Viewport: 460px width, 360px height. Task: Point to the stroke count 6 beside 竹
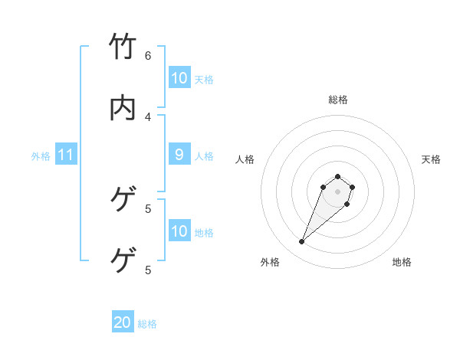coord(148,55)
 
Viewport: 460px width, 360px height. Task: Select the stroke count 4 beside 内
coord(148,116)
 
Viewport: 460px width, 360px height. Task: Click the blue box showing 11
coord(66,155)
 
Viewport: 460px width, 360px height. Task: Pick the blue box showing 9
coord(179,155)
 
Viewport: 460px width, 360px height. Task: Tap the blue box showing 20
coord(123,323)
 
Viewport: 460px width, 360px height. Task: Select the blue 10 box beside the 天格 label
coord(179,78)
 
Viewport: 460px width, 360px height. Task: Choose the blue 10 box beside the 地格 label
coord(179,231)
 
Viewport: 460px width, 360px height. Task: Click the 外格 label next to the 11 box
coord(41,156)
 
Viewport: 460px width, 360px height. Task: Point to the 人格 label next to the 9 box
coord(204,156)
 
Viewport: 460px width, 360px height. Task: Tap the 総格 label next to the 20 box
coord(147,324)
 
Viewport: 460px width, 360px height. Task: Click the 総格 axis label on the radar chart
coord(338,100)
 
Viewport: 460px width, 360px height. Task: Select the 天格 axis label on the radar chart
coord(431,159)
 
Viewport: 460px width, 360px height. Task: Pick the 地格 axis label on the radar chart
coord(402,262)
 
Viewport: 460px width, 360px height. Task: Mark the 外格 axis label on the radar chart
coord(270,262)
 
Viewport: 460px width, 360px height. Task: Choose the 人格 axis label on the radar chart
coord(245,159)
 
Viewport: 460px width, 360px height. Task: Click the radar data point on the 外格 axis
coord(302,242)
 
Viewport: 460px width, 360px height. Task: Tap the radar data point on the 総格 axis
coord(337,176)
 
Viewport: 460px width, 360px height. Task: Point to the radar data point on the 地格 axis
coord(347,204)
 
